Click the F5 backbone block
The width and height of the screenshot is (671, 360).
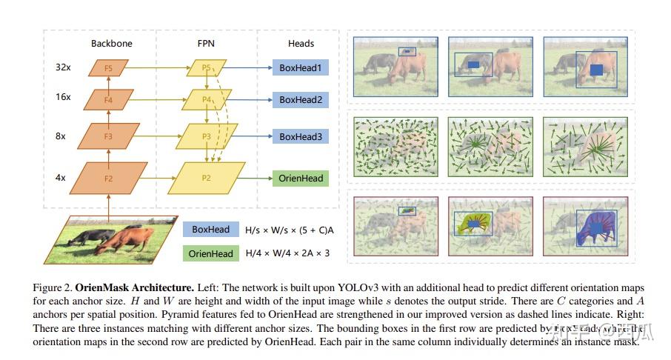[x=108, y=68]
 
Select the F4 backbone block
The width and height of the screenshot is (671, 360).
[x=108, y=99]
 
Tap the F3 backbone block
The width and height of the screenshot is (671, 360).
[x=108, y=136]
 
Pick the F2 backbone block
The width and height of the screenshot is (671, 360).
[x=108, y=179]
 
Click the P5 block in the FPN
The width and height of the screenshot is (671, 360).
[x=207, y=68]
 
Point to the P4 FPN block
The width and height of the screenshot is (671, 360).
[x=207, y=99]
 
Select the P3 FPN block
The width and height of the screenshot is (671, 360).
[x=207, y=136]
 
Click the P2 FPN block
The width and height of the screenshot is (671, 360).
[x=207, y=179]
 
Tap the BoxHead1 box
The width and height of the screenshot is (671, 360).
[x=300, y=68]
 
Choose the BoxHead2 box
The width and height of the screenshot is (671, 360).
[x=300, y=99]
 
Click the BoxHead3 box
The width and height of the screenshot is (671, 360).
[x=300, y=136]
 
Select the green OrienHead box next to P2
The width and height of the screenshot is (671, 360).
[x=300, y=179]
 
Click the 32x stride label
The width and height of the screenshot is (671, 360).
[x=63, y=68]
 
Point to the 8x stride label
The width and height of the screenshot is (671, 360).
[x=61, y=136]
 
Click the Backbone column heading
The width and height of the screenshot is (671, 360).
[x=111, y=44]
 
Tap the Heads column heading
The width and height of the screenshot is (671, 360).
[x=301, y=44]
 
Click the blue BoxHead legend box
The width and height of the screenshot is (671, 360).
[x=210, y=230]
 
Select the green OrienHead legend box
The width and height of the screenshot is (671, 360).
[x=210, y=253]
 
